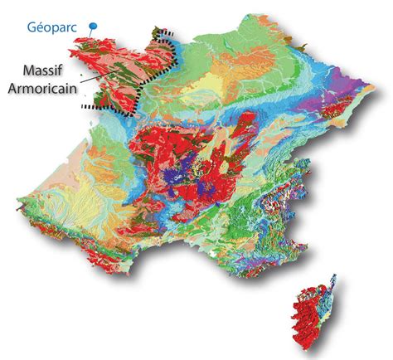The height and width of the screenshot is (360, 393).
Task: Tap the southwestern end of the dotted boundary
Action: click(x=83, y=108)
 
